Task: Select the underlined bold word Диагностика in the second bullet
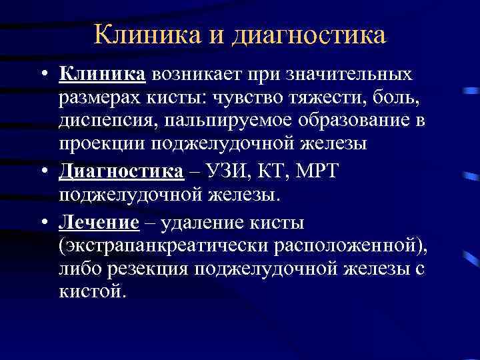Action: coord(121,171)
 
